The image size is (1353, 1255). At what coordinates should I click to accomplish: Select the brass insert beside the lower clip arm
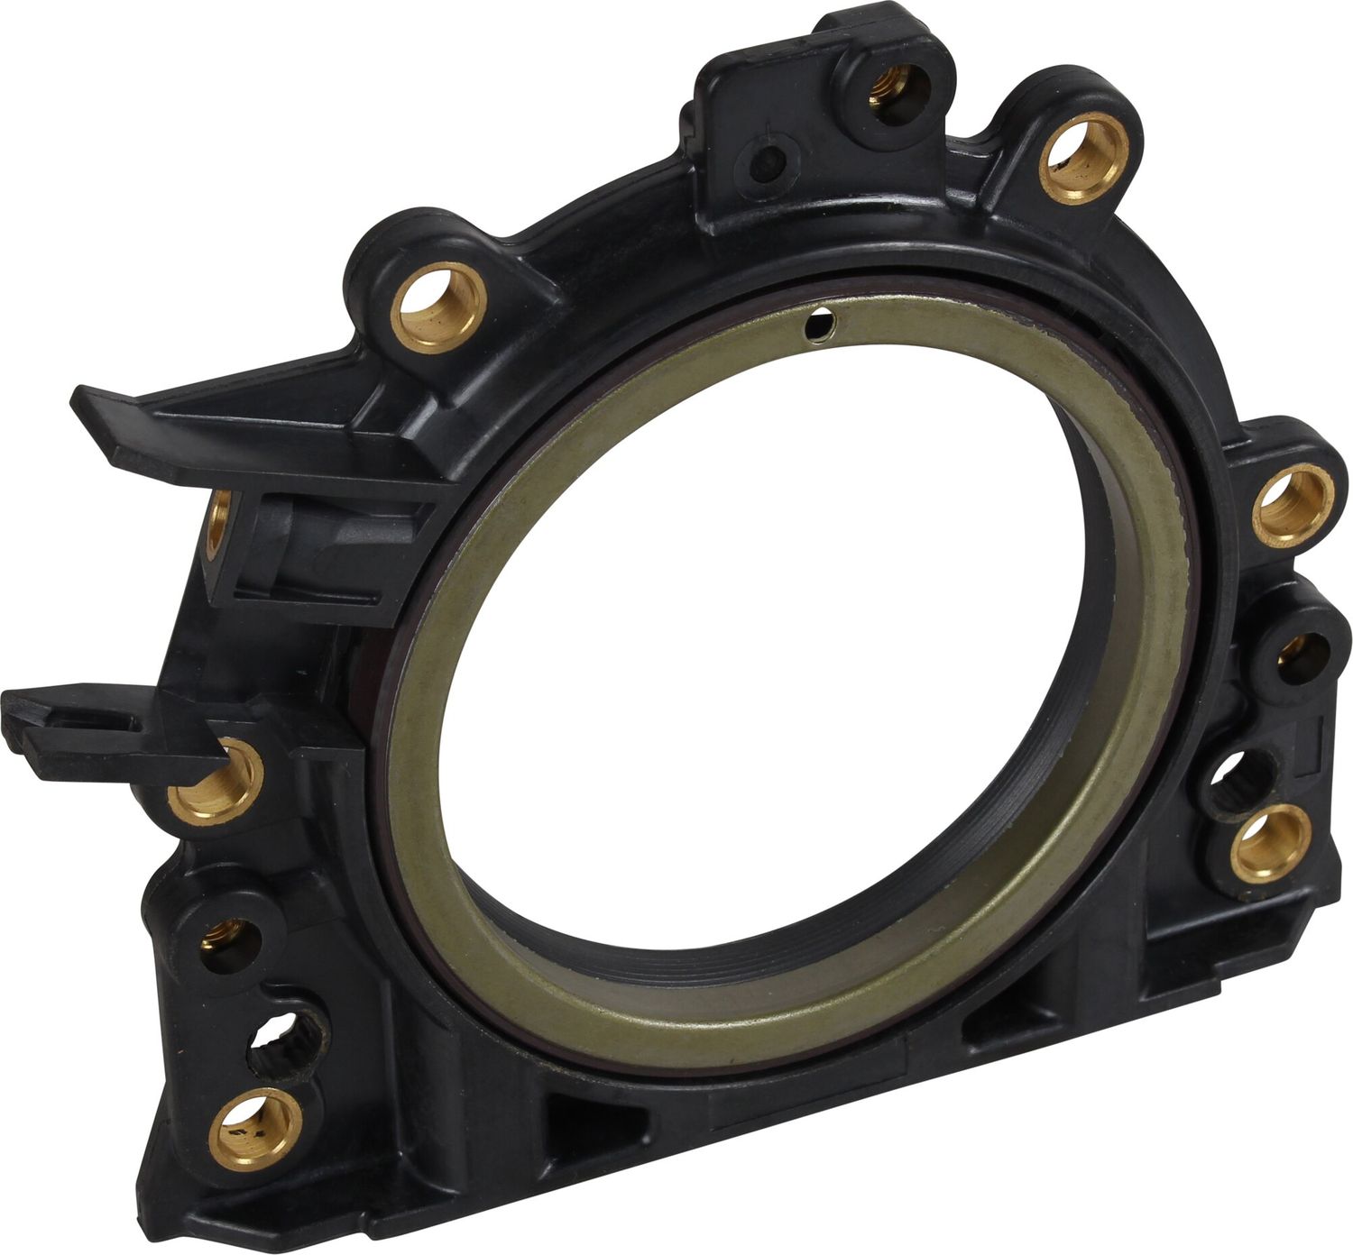[x=216, y=782]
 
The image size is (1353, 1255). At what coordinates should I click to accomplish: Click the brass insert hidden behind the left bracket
[x=216, y=527]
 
